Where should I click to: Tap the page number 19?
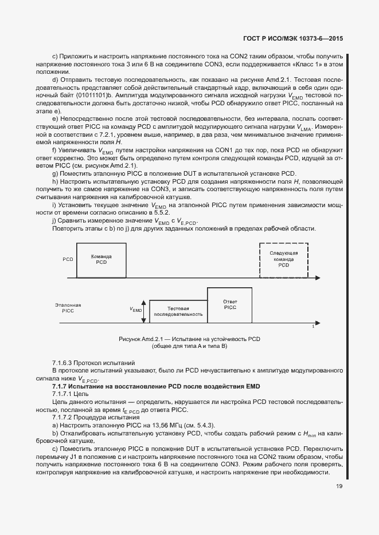pyautogui.click(x=339, y=487)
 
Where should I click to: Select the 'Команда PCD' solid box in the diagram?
pyautogui.click(x=101, y=259)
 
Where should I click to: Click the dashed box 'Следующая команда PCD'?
pyautogui.click(x=283, y=261)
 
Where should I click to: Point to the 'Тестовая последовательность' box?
pyautogui.click(x=178, y=311)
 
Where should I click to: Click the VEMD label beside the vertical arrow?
pyautogui.click(x=136, y=310)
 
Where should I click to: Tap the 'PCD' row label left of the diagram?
pyautogui.click(x=68, y=259)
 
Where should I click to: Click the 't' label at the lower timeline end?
pyautogui.click(x=312, y=326)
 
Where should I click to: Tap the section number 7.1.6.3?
pyautogui.click(x=65, y=363)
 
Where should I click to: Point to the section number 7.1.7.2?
pyautogui.click(x=65, y=418)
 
